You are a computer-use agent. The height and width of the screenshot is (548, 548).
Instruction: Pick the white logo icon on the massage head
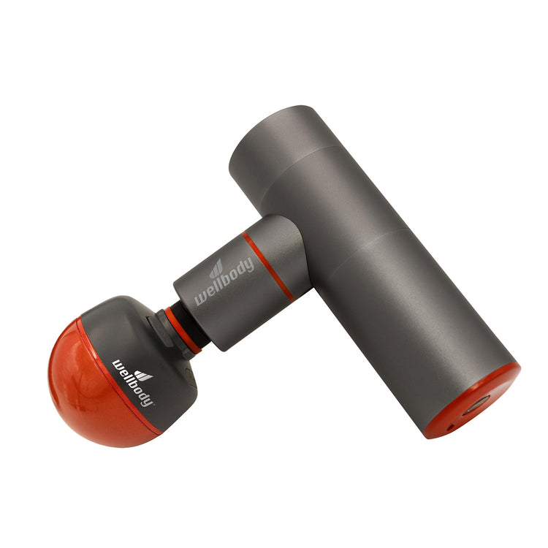[x=145, y=375]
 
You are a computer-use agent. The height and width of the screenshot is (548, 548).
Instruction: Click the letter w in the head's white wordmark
[x=118, y=364]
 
